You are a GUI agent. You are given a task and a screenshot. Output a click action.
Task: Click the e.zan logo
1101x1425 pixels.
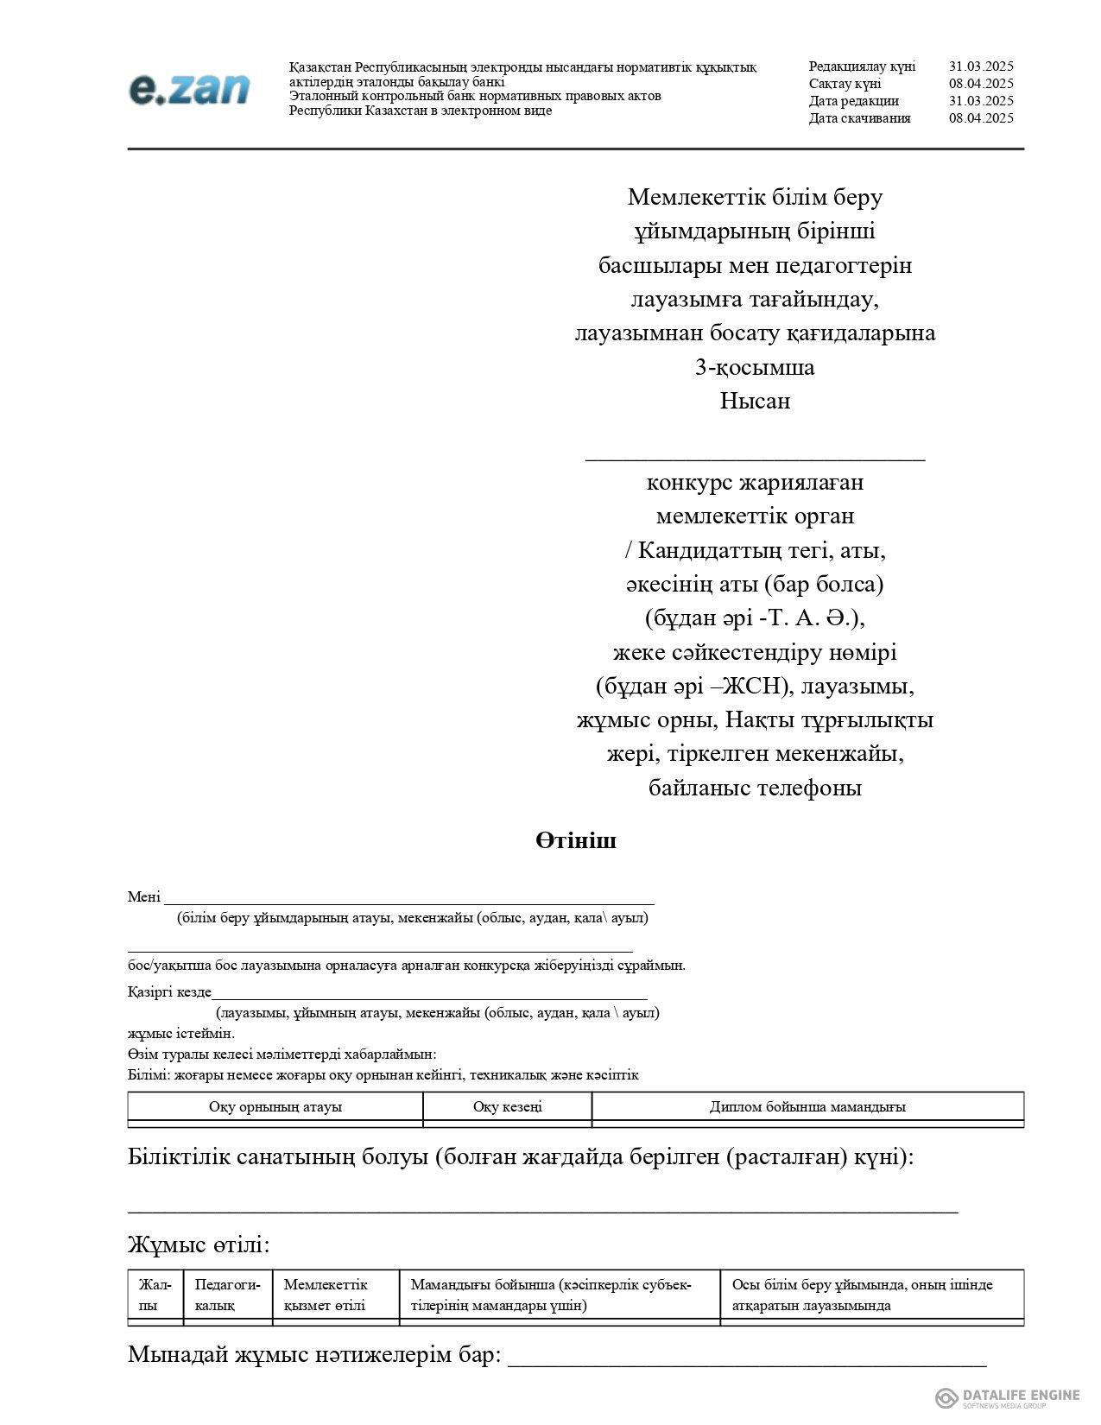189,88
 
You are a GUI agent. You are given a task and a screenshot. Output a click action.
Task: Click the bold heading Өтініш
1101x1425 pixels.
575,840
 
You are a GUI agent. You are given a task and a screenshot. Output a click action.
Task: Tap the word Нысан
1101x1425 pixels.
755,401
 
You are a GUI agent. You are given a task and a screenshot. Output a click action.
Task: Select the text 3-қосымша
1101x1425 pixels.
755,367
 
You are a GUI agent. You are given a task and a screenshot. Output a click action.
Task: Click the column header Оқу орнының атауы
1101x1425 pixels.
275,1106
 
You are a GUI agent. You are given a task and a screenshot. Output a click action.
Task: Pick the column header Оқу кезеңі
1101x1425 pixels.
507,1106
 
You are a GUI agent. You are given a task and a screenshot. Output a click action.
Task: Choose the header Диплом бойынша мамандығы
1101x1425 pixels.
807,1106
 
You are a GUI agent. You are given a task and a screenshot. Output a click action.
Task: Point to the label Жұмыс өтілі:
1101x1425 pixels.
199,1244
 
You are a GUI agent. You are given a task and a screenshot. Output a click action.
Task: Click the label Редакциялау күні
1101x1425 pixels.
862,66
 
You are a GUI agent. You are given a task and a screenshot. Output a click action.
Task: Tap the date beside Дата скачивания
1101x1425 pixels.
981,118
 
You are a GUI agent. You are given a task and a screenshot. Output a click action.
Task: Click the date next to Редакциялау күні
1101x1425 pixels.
981,66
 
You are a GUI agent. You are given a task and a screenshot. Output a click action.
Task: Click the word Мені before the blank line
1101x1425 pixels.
143,896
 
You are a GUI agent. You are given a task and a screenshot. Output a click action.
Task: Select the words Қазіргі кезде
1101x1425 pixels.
169,991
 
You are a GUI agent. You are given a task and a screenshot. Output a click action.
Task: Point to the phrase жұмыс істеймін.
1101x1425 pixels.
181,1033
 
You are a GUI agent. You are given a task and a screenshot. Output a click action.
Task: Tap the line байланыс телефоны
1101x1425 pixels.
755,788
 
